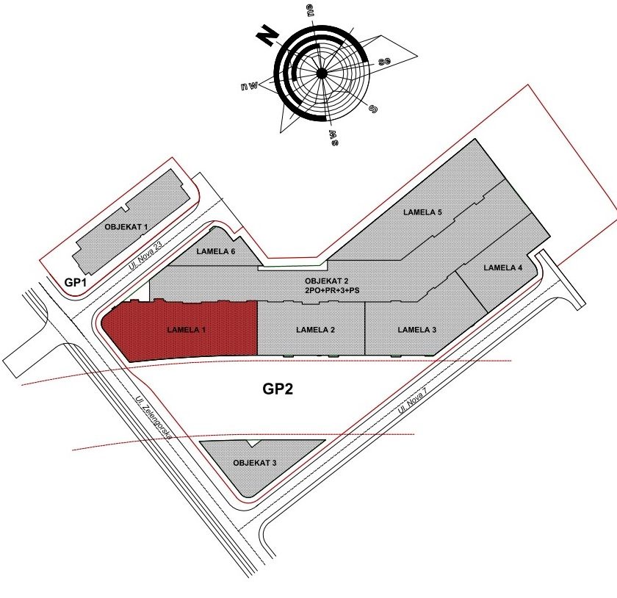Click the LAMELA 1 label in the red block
tap(187, 330)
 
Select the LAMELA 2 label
tap(316, 330)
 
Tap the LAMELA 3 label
tap(417, 330)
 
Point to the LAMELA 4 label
tap(503, 267)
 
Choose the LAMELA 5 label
tap(422, 212)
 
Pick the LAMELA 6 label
tap(216, 251)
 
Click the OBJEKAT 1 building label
tap(126, 227)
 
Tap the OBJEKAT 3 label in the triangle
tap(255, 463)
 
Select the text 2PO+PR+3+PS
tap(332, 291)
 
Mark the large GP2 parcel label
tap(278, 389)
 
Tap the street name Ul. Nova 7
tap(412, 400)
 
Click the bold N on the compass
tap(267, 35)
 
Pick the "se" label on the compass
tap(384, 62)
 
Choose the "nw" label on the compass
tap(249, 85)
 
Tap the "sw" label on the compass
tap(334, 137)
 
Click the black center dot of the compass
tap(322, 73)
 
